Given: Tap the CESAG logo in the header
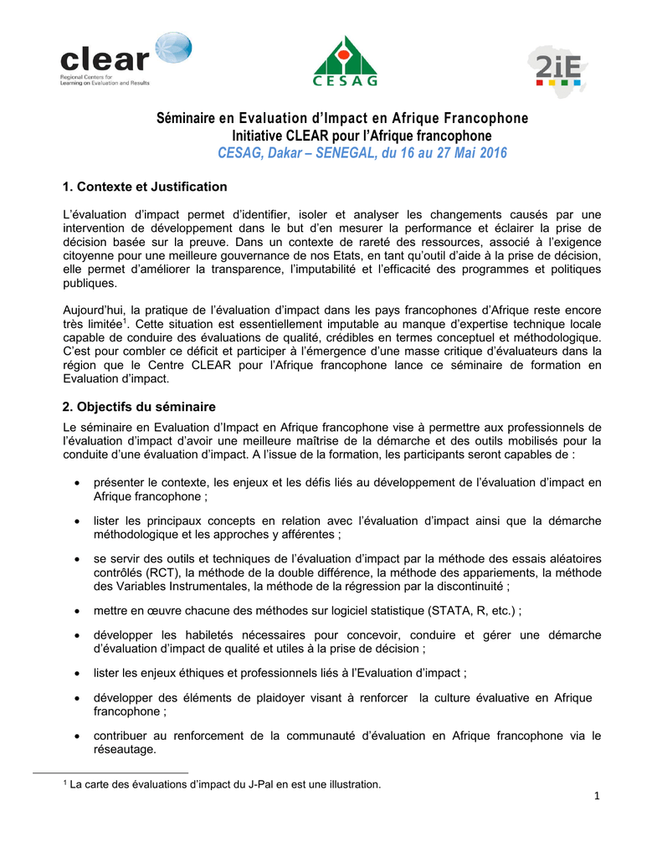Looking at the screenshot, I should click(345, 61).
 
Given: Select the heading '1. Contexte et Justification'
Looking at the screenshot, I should click(145, 186).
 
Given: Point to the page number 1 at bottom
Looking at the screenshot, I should click(598, 795).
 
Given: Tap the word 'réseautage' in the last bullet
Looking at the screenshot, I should click(125, 750).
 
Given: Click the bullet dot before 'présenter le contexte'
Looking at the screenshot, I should click(77, 484).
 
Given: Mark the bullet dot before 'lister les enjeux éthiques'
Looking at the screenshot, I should click(77, 674).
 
